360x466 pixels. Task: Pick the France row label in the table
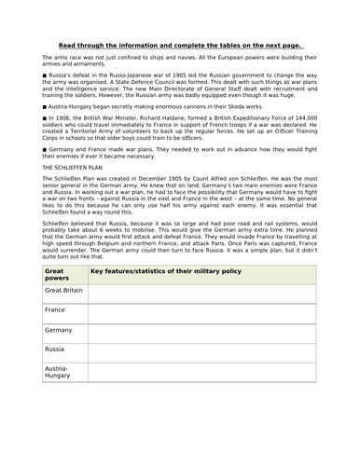coord(57,309)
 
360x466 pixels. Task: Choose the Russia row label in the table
coord(56,349)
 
